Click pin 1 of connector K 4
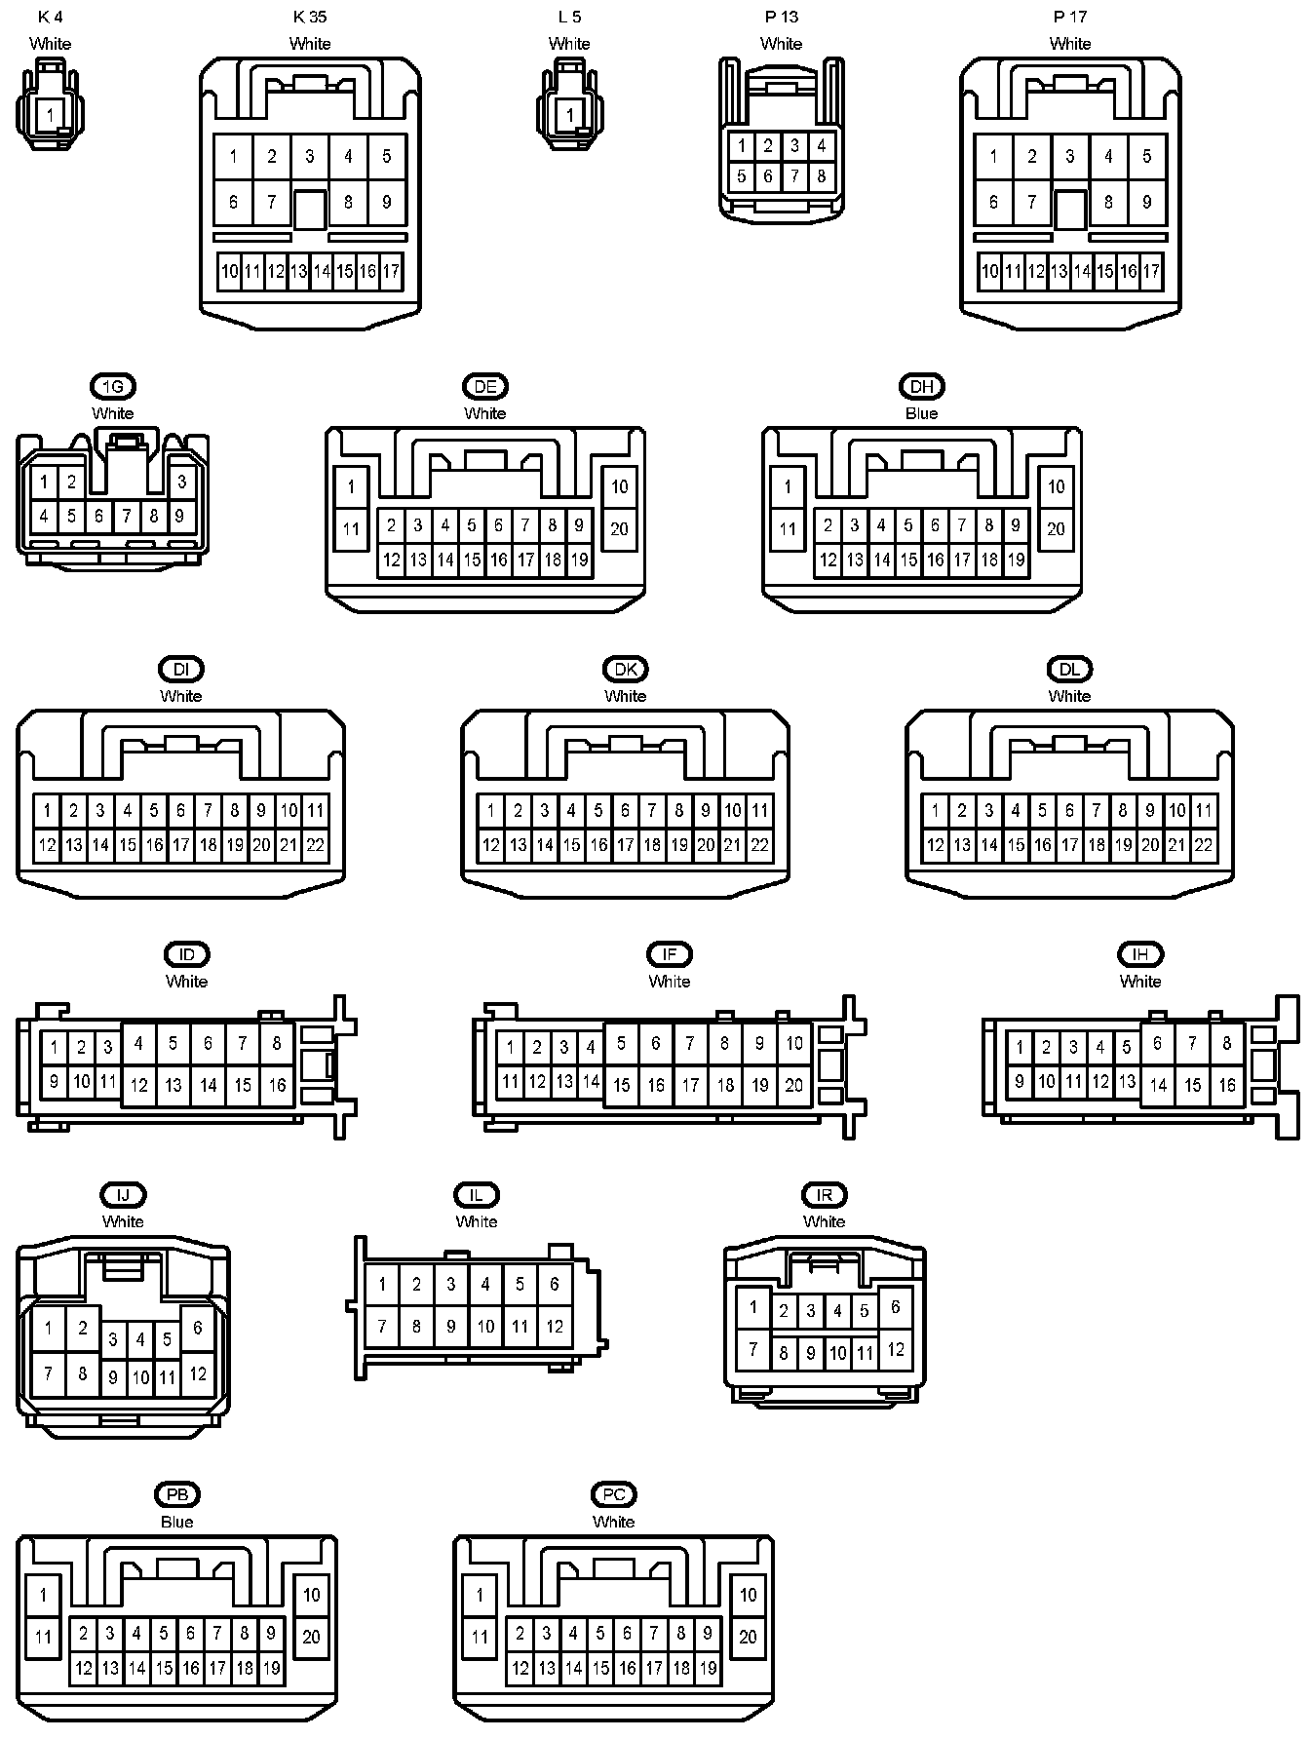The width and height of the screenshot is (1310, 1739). (51, 115)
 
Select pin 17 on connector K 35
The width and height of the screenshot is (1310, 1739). (391, 271)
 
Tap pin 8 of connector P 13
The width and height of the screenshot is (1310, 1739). (822, 176)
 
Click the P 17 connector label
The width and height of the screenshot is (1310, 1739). (1069, 17)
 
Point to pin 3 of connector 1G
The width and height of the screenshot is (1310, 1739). (181, 482)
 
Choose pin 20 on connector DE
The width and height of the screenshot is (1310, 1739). (620, 529)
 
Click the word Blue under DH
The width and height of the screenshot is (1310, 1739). (921, 413)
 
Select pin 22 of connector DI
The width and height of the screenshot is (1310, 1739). (315, 845)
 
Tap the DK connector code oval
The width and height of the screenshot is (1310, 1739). (625, 669)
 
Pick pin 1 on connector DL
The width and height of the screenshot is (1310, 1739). (935, 810)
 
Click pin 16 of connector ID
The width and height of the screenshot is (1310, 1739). (277, 1084)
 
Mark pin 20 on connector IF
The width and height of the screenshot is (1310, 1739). (794, 1084)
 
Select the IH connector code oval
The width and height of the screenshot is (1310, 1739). (1139, 954)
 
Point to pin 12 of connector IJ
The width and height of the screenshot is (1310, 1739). (198, 1373)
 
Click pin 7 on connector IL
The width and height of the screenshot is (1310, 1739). (382, 1326)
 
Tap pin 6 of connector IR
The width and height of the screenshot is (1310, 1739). (895, 1307)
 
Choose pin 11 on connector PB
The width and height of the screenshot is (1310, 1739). (43, 1636)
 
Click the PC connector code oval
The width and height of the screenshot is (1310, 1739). (613, 1494)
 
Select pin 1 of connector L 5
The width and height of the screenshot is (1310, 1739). (569, 115)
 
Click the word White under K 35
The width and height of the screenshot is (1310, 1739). (310, 44)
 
